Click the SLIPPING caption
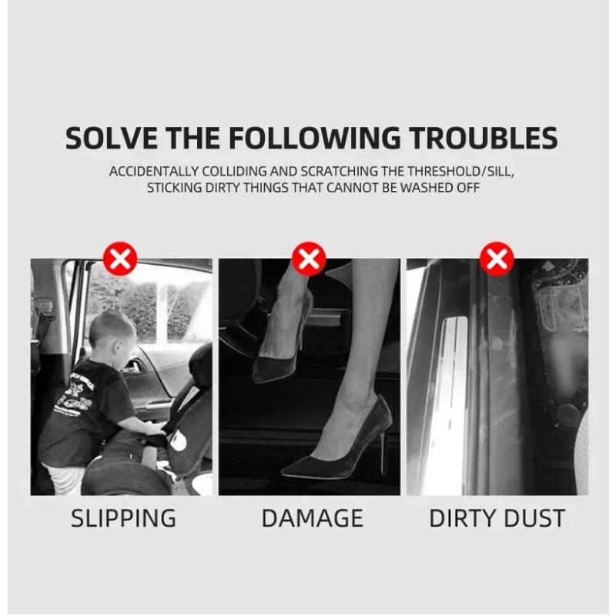(123, 518)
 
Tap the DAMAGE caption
(312, 518)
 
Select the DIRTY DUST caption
(497, 518)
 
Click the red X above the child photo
(120, 259)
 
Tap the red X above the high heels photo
(309, 259)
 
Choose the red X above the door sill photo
(497, 259)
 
